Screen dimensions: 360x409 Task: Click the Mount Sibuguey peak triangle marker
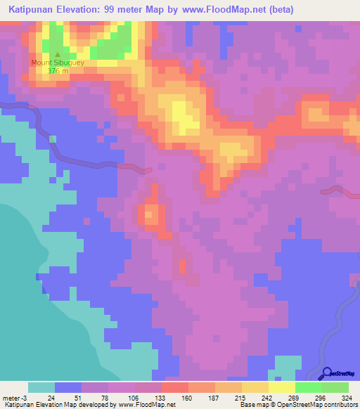(x=58, y=54)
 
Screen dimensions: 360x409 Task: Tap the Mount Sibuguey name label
(x=58, y=62)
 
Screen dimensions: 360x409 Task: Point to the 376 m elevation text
(x=58, y=70)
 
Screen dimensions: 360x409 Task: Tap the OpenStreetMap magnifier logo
(x=328, y=374)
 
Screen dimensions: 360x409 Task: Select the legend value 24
(x=51, y=398)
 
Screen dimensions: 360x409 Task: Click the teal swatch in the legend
(x=41, y=387)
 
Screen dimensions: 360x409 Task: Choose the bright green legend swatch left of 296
(x=308, y=387)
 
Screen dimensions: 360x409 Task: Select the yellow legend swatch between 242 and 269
(x=281, y=387)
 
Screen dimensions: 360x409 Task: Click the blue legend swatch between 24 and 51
(x=68, y=387)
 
